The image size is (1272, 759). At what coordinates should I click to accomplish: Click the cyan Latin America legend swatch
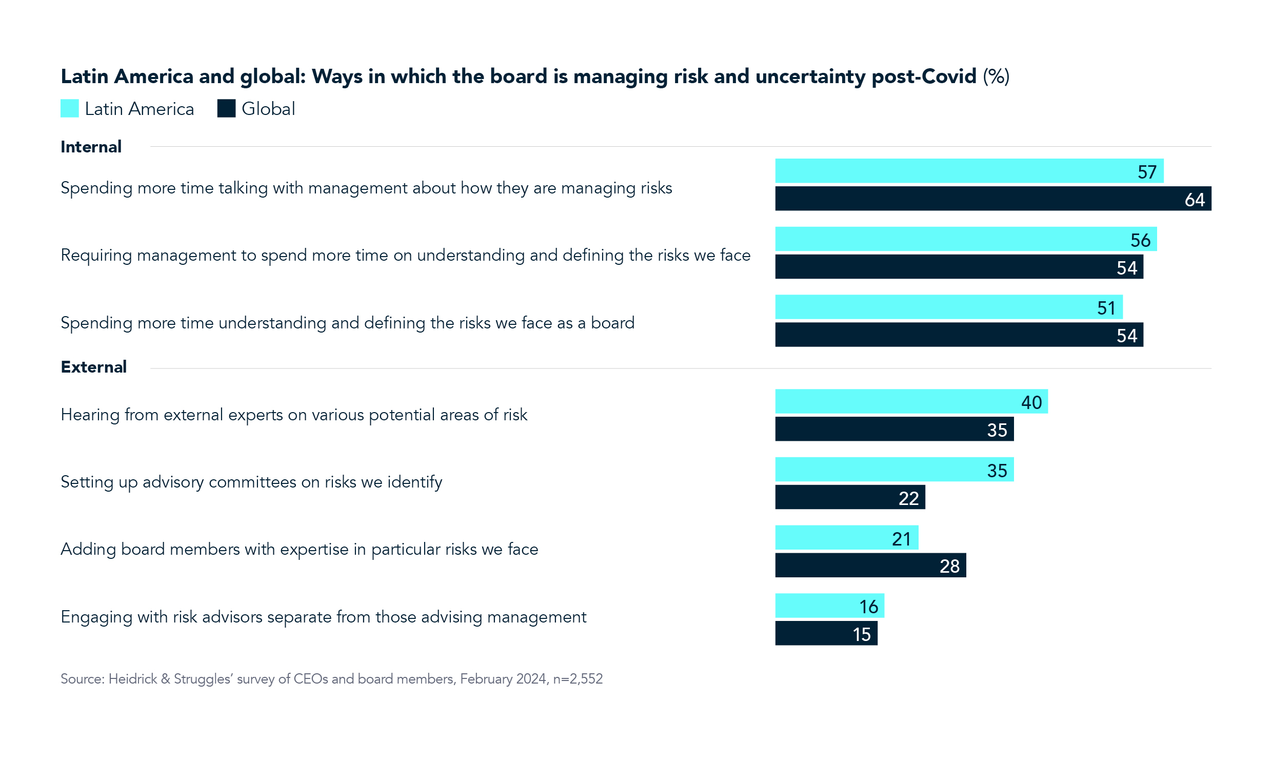70,108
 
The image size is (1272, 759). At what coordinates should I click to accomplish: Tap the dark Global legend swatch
226,108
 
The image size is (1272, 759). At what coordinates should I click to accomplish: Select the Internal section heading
91,147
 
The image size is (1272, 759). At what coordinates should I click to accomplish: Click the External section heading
93,367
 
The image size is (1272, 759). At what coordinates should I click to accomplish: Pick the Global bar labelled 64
992,199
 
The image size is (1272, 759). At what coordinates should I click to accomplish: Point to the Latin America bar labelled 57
969,171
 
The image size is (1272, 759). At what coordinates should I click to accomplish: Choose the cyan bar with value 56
965,239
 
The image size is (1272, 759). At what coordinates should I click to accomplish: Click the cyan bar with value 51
948,307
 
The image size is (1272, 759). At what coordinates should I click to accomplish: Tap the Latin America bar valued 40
911,401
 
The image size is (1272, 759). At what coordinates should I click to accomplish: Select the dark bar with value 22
850,497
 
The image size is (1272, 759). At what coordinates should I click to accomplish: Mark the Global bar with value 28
870,565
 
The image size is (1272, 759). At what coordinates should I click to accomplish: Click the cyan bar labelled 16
829,606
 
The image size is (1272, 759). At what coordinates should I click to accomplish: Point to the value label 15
862,634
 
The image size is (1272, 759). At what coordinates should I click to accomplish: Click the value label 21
901,539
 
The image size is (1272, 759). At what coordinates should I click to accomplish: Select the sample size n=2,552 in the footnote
578,679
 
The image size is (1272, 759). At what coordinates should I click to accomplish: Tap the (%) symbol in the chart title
996,76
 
